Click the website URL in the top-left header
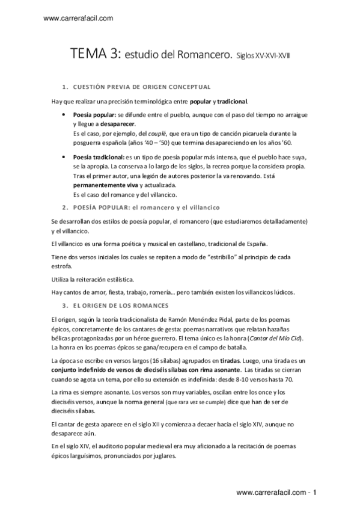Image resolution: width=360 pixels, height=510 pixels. coord(79,19)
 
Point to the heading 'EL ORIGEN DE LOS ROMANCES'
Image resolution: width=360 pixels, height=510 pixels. coord(120,306)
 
